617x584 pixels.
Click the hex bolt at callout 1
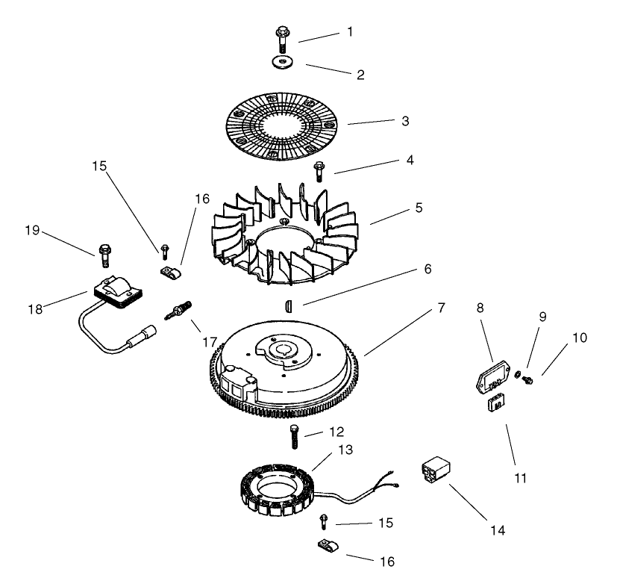(x=282, y=39)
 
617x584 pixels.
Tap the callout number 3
(x=405, y=121)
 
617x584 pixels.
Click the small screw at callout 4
(x=319, y=172)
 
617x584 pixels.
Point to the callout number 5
(x=419, y=208)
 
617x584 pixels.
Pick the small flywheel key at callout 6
(x=289, y=306)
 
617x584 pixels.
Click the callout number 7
(x=441, y=308)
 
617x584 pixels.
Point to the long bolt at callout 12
(x=295, y=437)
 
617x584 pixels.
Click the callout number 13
(x=345, y=450)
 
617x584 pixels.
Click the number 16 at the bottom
(x=386, y=562)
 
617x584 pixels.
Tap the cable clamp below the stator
(x=328, y=545)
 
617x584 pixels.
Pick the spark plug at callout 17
(x=178, y=311)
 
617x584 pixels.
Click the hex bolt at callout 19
(x=104, y=255)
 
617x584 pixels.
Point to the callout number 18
(x=35, y=309)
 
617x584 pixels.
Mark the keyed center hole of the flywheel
(x=283, y=350)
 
